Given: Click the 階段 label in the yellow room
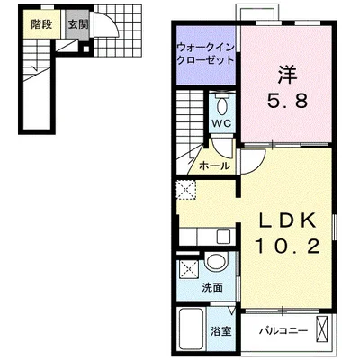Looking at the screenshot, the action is (x=41, y=24).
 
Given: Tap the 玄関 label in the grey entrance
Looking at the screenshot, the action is (x=78, y=24).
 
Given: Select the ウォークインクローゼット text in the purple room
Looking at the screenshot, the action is (x=205, y=54).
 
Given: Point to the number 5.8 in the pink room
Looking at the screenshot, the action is (x=288, y=101).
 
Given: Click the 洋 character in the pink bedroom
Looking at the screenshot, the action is (x=287, y=75).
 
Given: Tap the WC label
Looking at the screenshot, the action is (x=222, y=123).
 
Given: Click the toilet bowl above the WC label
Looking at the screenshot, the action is (x=222, y=106).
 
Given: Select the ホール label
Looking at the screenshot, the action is (x=214, y=166).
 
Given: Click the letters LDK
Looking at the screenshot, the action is (x=288, y=221).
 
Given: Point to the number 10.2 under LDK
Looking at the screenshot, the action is (x=287, y=247).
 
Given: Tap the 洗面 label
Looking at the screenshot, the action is (x=212, y=288).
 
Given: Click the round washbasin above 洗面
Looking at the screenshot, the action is (x=217, y=262).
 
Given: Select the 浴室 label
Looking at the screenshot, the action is (x=221, y=331).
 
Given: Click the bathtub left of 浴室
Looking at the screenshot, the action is (x=191, y=332).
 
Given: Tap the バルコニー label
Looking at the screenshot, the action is (x=283, y=331).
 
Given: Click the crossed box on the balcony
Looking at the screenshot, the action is (x=322, y=329).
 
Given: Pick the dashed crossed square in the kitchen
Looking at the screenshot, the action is (x=186, y=190).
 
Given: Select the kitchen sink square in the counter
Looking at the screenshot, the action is (x=223, y=237).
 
